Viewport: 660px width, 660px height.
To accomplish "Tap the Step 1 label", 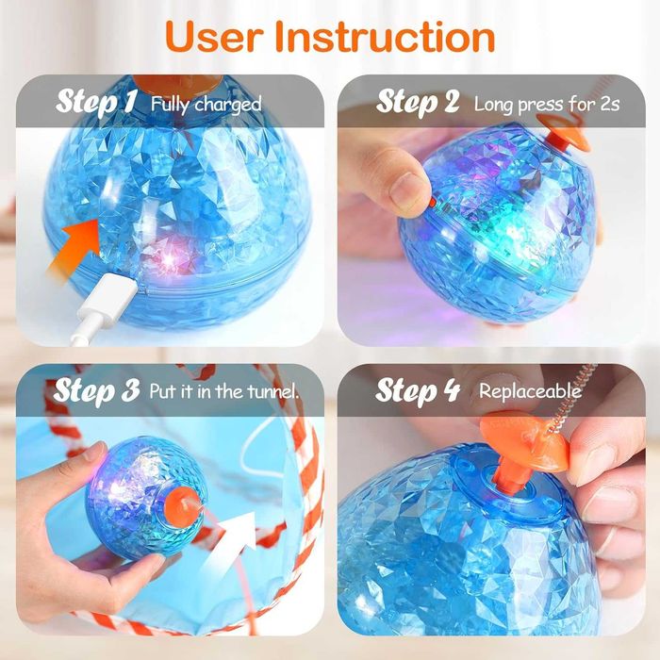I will pos(96,102).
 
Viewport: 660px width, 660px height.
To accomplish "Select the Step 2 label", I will pos(419,102).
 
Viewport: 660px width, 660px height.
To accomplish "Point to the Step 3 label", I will pos(96,389).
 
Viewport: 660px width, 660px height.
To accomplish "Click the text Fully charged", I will pos(206,104).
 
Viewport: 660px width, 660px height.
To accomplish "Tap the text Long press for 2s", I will pos(546,104).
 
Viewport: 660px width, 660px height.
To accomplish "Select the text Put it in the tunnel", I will pos(224,390).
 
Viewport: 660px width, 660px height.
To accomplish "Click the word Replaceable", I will pos(530,390).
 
